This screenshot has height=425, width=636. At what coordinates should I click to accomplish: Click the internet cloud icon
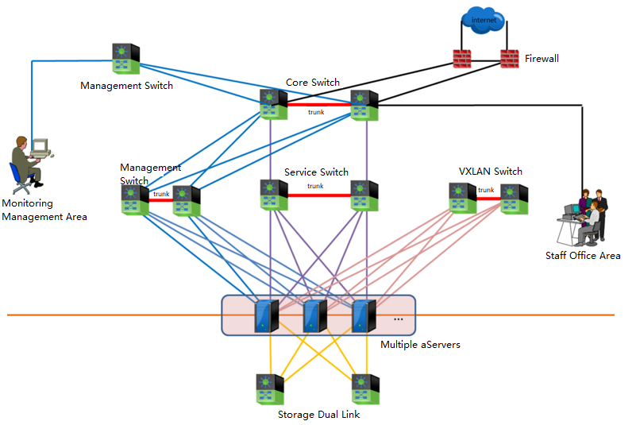click(x=481, y=19)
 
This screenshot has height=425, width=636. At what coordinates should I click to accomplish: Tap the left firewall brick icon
click(x=461, y=58)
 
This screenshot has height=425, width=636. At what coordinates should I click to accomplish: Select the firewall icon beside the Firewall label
click(x=509, y=58)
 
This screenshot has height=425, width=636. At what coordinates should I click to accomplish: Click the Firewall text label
click(x=542, y=59)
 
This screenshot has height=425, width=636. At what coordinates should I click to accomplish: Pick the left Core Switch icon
click(x=272, y=104)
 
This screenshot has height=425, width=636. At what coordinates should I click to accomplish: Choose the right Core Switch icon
click(x=365, y=104)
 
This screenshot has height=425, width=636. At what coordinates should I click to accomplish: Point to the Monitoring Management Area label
click(x=44, y=210)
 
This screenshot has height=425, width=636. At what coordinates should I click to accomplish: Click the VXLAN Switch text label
click(x=491, y=172)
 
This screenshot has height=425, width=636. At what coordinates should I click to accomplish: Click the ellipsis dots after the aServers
click(x=398, y=319)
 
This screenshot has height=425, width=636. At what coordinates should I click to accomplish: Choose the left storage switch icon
click(x=271, y=390)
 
